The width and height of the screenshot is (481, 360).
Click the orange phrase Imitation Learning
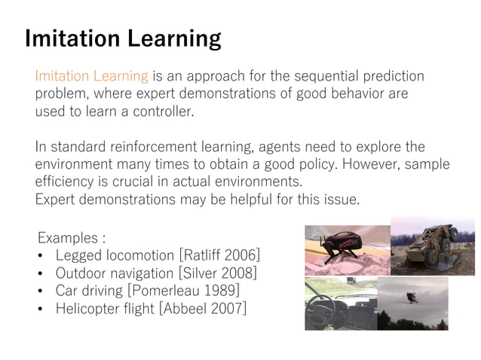(91, 77)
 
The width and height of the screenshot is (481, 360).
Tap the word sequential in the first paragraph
(316, 77)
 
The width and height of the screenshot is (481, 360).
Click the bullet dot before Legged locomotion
(41, 256)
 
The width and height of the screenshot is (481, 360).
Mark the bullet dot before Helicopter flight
(41, 308)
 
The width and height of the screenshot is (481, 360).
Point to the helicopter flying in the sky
(412, 297)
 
